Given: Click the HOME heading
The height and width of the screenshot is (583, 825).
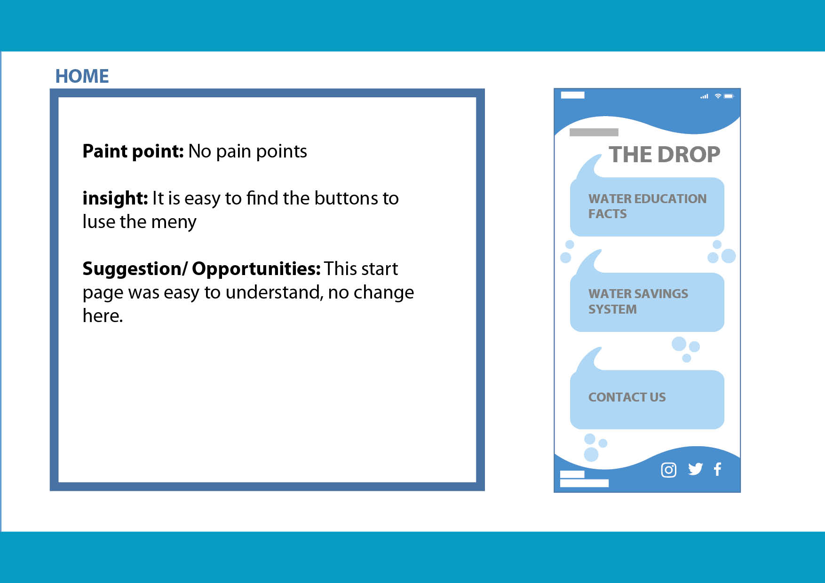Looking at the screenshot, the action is click(82, 76).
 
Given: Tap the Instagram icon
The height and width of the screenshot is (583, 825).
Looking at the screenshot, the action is click(668, 470).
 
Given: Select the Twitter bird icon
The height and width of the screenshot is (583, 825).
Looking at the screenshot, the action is click(695, 469).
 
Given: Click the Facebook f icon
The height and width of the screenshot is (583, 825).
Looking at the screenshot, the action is click(717, 469).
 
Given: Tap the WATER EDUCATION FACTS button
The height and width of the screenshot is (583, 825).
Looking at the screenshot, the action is click(647, 206).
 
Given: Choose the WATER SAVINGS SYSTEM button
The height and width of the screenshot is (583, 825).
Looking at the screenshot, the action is click(647, 302).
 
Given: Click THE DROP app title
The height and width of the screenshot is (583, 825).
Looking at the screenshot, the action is click(664, 154).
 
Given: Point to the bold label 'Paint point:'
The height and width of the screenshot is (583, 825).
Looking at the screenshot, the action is click(133, 151).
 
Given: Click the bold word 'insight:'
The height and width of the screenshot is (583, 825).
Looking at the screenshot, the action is click(115, 198).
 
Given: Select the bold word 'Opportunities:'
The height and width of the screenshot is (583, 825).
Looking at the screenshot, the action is click(256, 269).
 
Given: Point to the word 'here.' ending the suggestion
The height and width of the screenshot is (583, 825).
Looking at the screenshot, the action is click(103, 315).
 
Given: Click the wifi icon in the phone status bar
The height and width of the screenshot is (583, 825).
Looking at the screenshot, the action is click(718, 96).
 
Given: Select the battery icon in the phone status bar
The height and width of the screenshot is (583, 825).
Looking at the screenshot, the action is click(729, 96).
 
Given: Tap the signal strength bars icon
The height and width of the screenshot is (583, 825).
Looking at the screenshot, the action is click(704, 96).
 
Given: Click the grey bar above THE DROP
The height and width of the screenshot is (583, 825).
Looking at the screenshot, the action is click(594, 132).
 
